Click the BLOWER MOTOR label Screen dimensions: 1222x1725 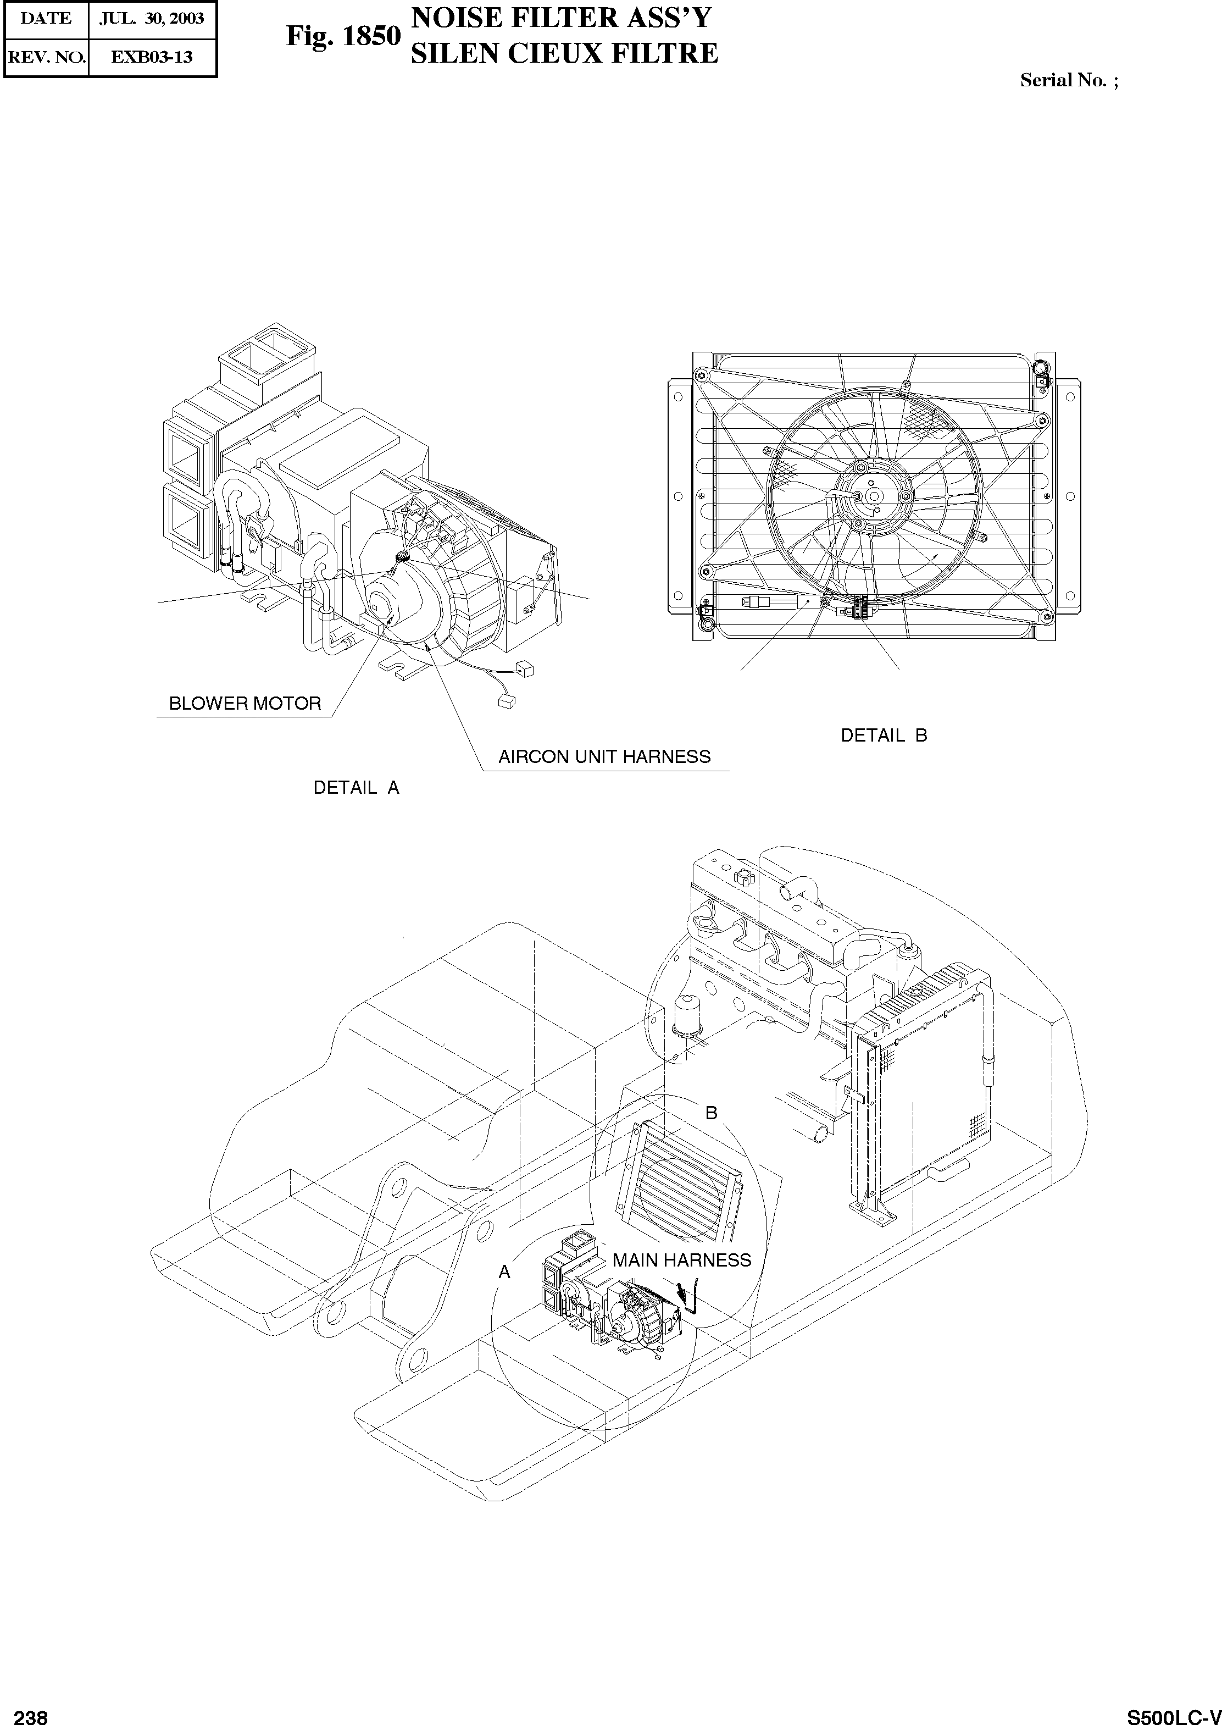(x=245, y=704)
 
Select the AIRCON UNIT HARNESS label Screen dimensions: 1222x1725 (x=604, y=756)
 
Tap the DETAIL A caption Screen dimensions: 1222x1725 (x=356, y=788)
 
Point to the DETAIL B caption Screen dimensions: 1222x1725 (x=884, y=736)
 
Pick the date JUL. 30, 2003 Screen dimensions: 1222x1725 (x=152, y=19)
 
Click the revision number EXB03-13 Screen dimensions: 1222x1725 (x=152, y=57)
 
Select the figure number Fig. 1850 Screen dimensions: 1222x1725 (x=343, y=36)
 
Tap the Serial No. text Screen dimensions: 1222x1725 (x=1069, y=80)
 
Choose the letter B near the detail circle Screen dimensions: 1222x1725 (x=710, y=1113)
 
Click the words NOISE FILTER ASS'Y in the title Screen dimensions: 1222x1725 (x=560, y=17)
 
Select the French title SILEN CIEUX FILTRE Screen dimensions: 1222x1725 (x=564, y=53)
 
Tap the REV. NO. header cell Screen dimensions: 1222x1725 (x=46, y=57)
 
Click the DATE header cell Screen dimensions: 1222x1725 (x=46, y=19)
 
